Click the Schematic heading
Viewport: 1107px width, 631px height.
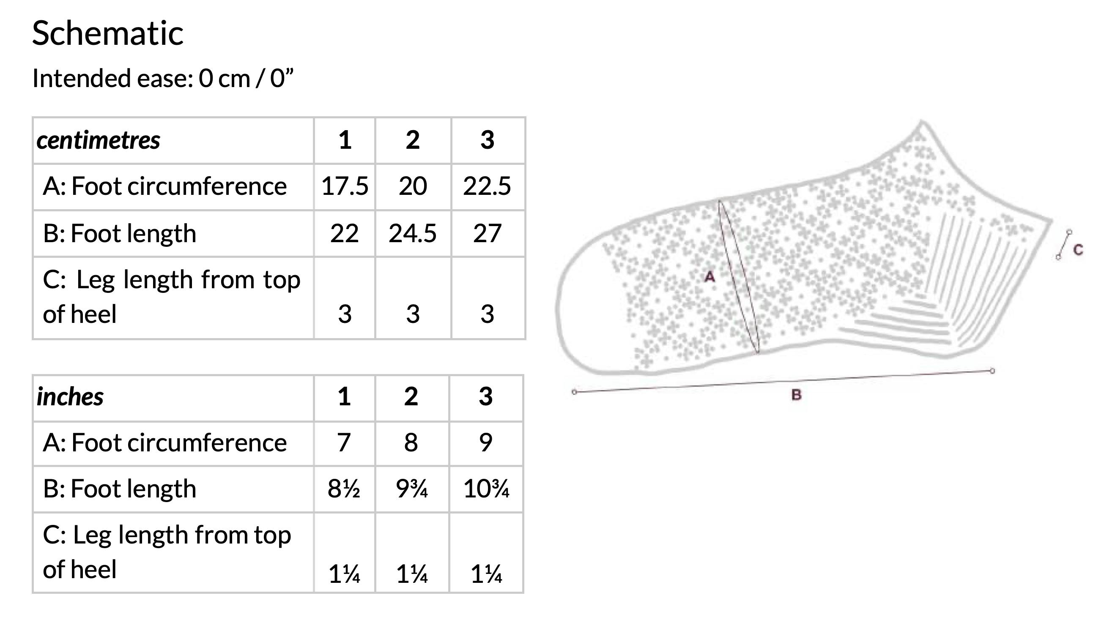[108, 33]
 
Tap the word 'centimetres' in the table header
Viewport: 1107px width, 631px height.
[99, 140]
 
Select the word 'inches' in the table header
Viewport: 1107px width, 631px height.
[70, 397]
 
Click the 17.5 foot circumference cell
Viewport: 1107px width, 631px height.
[345, 186]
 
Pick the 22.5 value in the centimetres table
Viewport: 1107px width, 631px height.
[487, 186]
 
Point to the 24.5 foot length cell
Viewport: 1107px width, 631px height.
[412, 234]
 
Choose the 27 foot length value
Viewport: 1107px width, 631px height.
[487, 234]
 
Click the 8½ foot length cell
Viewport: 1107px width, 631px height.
[344, 489]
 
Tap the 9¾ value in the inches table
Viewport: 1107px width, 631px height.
[412, 489]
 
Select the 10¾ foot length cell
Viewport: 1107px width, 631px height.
[486, 489]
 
